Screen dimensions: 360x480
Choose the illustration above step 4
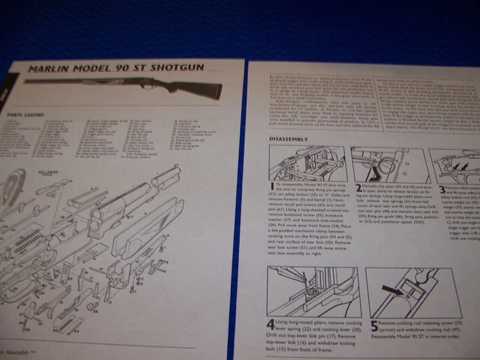313,291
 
